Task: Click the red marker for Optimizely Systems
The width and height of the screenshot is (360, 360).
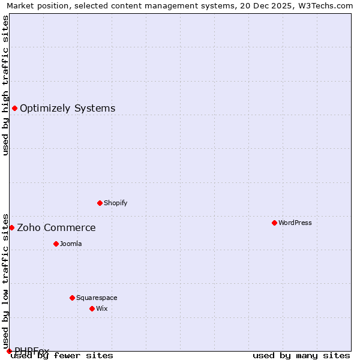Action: [x=14, y=108]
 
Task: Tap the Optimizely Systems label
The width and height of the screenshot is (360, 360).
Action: [x=67, y=109]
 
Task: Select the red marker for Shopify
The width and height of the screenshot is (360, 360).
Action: [x=100, y=203]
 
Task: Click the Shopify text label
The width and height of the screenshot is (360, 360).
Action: [x=115, y=203]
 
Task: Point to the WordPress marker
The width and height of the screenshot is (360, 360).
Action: [x=274, y=223]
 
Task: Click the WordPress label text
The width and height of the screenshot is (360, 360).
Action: [x=295, y=223]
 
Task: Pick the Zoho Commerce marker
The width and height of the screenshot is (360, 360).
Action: [x=11, y=227]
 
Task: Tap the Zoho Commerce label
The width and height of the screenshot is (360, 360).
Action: [x=56, y=228]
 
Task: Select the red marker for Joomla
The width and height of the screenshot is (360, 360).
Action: [x=56, y=244]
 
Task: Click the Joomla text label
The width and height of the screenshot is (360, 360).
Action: [x=71, y=244]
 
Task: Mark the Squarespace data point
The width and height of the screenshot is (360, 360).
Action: [x=72, y=298]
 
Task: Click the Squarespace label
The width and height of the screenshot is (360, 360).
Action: [x=97, y=298]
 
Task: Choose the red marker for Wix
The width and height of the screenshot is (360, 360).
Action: [x=92, y=308]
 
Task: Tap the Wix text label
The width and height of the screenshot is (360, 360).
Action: [x=101, y=308]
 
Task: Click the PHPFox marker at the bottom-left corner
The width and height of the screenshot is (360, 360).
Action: [x=9, y=351]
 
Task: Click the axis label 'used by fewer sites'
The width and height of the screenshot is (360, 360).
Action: [x=62, y=356]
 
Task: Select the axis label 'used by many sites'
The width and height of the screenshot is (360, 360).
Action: [x=301, y=356]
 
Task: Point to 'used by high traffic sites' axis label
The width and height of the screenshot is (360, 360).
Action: [x=6, y=85]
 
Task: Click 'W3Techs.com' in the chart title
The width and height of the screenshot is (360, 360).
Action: [x=329, y=6]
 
